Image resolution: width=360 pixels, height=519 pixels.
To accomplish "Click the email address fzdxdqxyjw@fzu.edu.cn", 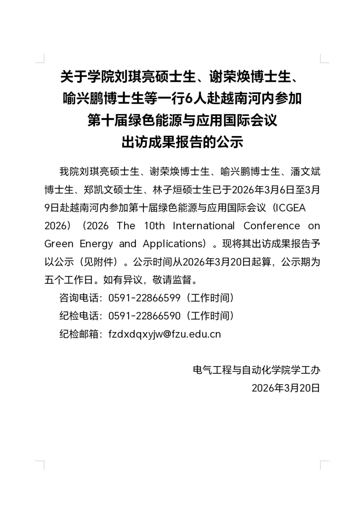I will (x=165, y=334).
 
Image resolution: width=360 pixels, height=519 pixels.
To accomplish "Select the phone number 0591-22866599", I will (x=144, y=298).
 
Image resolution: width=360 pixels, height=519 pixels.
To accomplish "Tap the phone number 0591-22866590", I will (x=144, y=316).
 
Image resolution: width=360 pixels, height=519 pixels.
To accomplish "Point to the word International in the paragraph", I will (x=204, y=226).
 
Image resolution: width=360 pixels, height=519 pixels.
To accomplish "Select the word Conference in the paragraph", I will (x=271, y=226).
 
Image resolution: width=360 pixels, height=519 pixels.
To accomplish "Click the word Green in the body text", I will (x=59, y=244).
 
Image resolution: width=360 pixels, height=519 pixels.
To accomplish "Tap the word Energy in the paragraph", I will (x=96, y=244).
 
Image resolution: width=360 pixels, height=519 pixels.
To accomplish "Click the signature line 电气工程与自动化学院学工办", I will (x=256, y=370).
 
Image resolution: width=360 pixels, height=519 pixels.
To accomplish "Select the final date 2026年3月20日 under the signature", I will (x=286, y=388).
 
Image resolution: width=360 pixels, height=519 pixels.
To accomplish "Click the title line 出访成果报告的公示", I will (x=182, y=142).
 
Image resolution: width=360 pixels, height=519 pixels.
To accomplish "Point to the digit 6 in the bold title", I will (x=189, y=99).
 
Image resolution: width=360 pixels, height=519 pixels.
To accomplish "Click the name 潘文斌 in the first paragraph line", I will (x=305, y=172).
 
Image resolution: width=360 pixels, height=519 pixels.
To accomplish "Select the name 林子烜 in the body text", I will (x=167, y=190).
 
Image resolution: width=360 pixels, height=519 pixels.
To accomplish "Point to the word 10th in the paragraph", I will (x=154, y=226).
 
